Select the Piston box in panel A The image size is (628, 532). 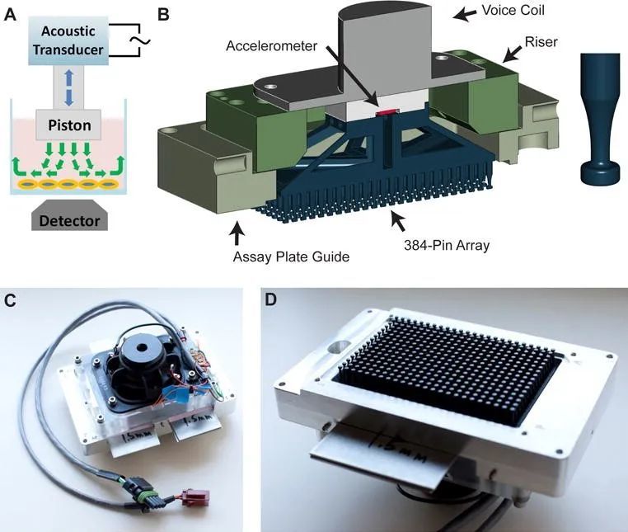pyautogui.click(x=68, y=126)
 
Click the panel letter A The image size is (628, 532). pyautogui.click(x=10, y=14)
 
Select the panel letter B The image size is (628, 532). pyautogui.click(x=164, y=14)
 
